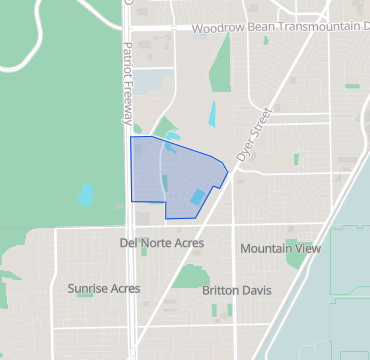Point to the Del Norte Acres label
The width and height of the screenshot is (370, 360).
pos(161,243)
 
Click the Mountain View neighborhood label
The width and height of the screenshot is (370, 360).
pos(281,248)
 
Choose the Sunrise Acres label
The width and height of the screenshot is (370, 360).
pos(103,289)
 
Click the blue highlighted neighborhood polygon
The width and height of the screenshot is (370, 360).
pos(165,175)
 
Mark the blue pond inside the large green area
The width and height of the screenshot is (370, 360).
pos(85,193)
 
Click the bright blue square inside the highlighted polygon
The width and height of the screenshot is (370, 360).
pos(197,197)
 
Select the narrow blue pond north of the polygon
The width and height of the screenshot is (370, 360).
pos(212,114)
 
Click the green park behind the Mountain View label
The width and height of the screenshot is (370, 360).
pos(297,258)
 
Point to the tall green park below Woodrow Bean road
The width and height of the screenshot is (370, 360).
pos(222,65)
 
